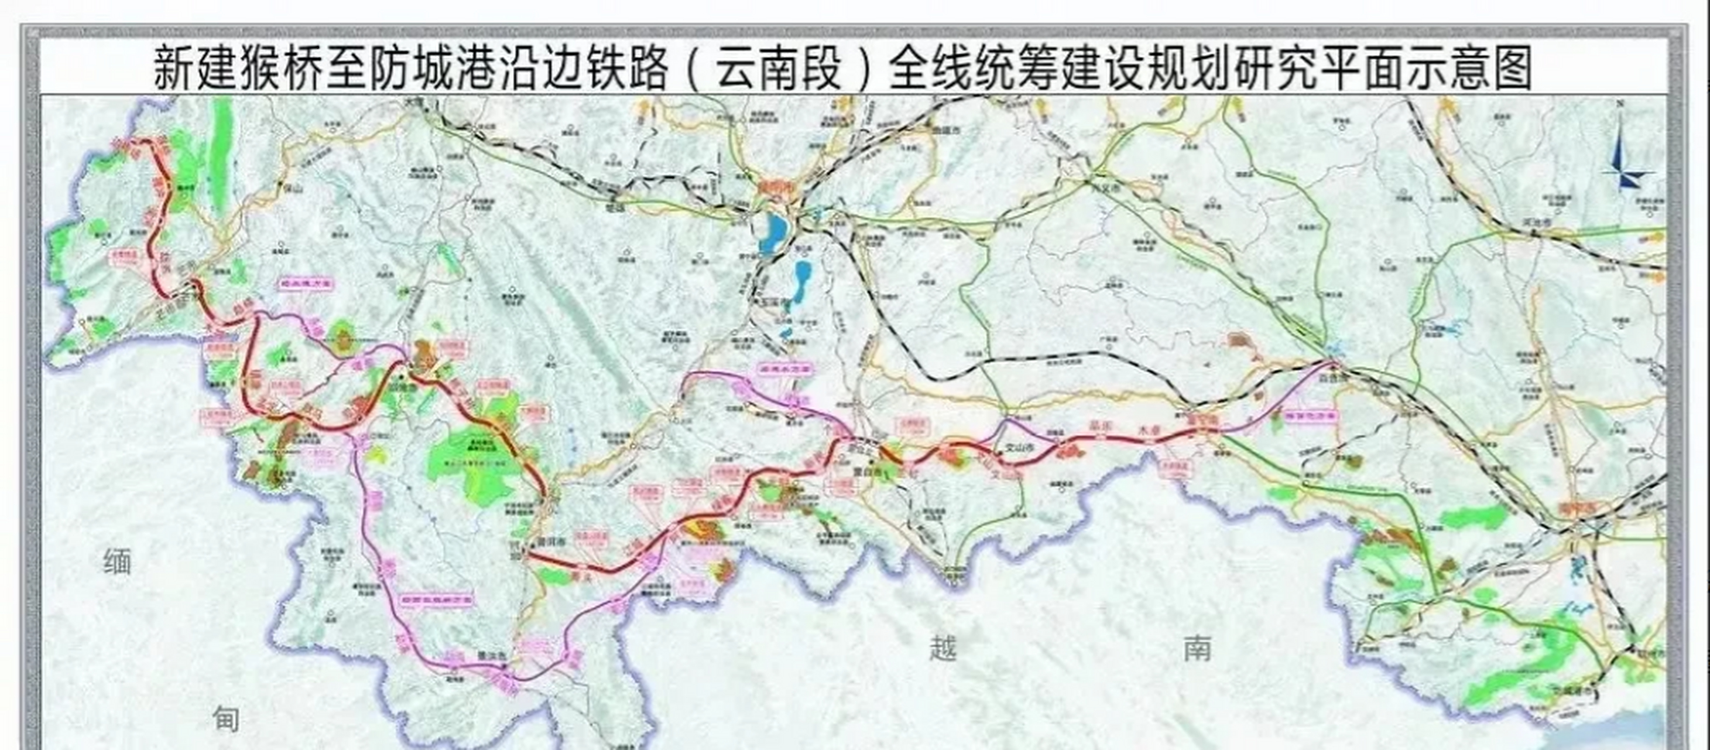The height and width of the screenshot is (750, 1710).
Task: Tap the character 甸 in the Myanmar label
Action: (x=226, y=719)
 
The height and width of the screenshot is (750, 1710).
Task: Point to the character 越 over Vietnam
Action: (x=943, y=647)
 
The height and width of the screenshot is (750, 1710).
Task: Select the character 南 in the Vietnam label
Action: (x=1197, y=647)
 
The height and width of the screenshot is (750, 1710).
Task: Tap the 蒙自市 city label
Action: (x=866, y=473)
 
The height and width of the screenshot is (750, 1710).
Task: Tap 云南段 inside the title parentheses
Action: (x=779, y=68)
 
